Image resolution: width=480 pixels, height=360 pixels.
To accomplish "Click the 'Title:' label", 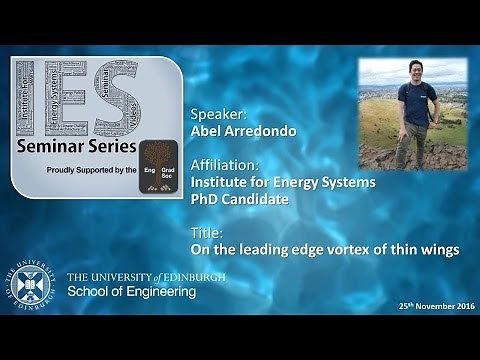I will [x=204, y=232].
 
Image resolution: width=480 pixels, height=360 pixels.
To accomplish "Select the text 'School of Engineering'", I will [x=131, y=292].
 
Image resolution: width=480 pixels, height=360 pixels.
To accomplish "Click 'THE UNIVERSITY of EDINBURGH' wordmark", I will [x=145, y=276].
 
